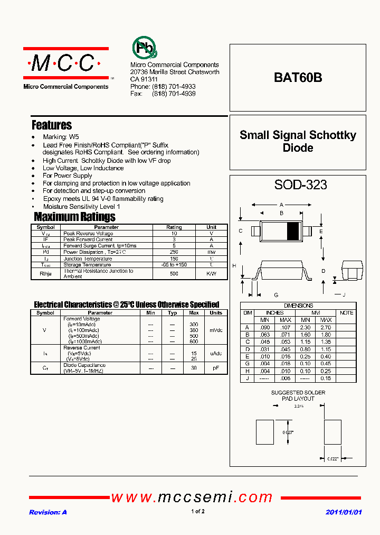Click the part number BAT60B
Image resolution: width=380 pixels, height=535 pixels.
(298, 78)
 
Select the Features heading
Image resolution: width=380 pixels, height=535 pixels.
(52, 125)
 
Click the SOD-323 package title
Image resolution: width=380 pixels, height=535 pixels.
(300, 185)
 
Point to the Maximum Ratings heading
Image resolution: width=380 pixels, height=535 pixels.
(74, 217)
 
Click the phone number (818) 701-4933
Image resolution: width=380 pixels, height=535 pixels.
(174, 87)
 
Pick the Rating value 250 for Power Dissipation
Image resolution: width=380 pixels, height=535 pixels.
(174, 252)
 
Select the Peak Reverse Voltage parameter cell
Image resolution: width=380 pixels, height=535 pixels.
(88, 233)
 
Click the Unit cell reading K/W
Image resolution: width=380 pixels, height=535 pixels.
(211, 274)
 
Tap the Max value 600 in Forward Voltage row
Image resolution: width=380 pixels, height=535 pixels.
(194, 342)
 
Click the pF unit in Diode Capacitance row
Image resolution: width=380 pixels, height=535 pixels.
(216, 368)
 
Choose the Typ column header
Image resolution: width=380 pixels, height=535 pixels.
(172, 313)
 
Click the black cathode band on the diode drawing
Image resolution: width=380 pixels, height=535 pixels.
(292, 231)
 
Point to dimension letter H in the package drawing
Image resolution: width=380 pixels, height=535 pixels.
(234, 265)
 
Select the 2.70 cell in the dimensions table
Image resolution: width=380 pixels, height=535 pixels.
(326, 327)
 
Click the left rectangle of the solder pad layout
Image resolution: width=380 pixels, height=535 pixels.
(264, 432)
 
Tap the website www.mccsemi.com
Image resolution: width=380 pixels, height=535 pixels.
(192, 497)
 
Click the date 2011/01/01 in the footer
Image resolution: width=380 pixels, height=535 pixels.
(344, 512)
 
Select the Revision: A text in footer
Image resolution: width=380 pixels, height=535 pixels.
(48, 512)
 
